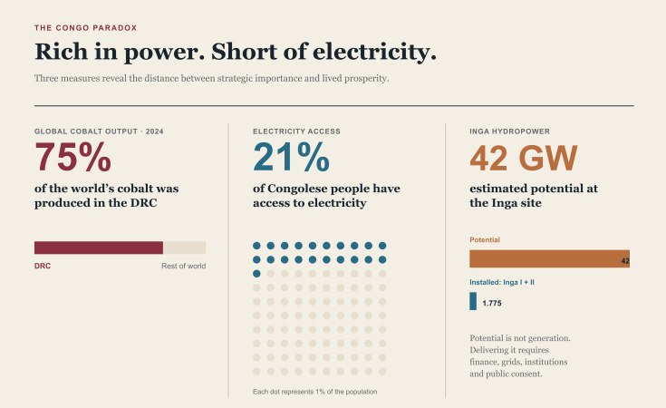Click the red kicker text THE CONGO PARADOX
pyautogui.click(x=86, y=28)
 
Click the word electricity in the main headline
pyautogui.click(x=374, y=52)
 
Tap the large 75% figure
pyautogui.click(x=73, y=157)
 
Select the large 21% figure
pyautogui.click(x=292, y=157)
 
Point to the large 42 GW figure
pyautogui.click(x=524, y=158)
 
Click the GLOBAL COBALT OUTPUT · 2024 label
pyautogui.click(x=99, y=131)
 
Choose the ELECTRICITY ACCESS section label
pyautogui.click(x=296, y=131)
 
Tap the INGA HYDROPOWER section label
pyautogui.click(x=509, y=131)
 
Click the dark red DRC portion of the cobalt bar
pyautogui.click(x=99, y=248)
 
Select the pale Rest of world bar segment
pyautogui.click(x=184, y=248)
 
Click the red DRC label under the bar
pyautogui.click(x=43, y=266)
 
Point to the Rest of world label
pyautogui.click(x=183, y=266)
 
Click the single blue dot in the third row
pyautogui.click(x=256, y=274)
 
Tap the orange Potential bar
pyautogui.click(x=550, y=258)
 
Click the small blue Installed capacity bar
pyautogui.click(x=473, y=301)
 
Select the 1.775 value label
pyautogui.click(x=492, y=303)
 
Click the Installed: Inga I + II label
pyautogui.click(x=502, y=282)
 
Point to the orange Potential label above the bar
pyautogui.click(x=485, y=239)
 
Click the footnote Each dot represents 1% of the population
pyautogui.click(x=314, y=392)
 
